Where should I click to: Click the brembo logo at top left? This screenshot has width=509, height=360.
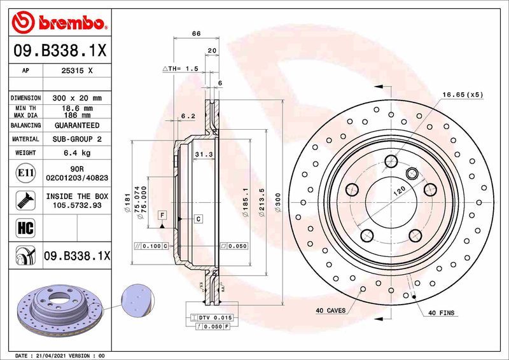click(x=59, y=24)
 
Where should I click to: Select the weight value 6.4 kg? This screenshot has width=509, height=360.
click(x=77, y=153)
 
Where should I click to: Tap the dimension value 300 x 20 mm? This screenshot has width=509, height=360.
click(x=77, y=98)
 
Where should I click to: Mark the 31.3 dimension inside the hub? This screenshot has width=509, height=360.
click(x=202, y=155)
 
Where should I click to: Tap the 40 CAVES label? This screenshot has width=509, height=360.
click(x=330, y=311)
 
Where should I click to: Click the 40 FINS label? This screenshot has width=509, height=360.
click(x=440, y=312)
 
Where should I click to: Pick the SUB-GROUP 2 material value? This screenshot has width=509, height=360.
click(x=77, y=139)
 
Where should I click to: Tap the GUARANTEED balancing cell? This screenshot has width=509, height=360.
click(x=77, y=126)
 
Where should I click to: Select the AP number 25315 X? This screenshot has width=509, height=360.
click(x=77, y=71)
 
